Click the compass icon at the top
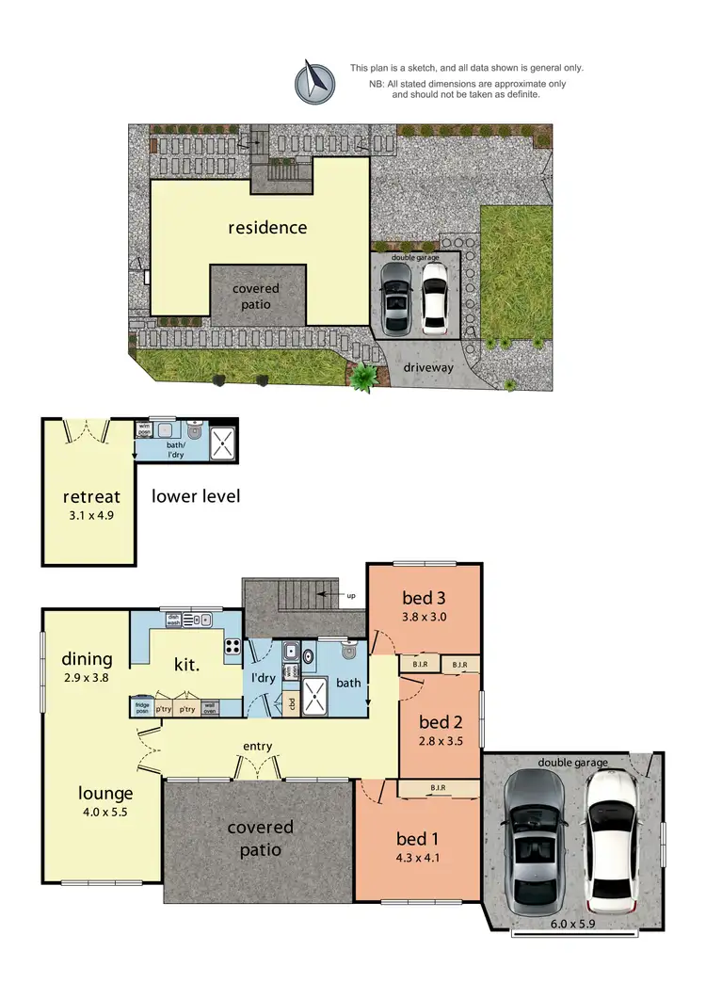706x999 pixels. point(315,82)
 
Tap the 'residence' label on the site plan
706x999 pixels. point(267,227)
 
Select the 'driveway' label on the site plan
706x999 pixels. point(428,367)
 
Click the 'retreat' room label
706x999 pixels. point(88,496)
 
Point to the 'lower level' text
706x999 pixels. point(196,495)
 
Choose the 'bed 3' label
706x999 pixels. point(424,597)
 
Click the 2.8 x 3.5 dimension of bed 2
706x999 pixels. point(441,742)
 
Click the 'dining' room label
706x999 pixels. point(87,659)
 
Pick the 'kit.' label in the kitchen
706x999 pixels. point(185,665)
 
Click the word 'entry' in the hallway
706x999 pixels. point(257,746)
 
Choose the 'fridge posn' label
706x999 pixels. point(142,709)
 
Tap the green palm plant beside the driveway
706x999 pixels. point(364,378)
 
